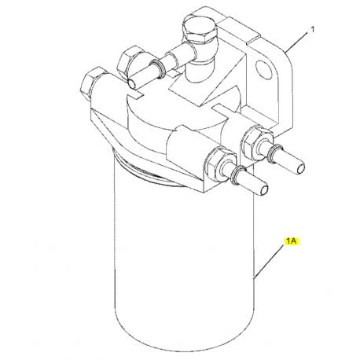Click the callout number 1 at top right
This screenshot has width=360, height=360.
312,29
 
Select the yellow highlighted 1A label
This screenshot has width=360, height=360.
292,241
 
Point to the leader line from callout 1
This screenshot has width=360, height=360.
296,42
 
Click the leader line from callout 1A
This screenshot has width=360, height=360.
269,261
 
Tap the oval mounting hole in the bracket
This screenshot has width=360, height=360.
263,69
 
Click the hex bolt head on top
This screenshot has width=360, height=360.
200,30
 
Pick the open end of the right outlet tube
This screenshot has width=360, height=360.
300,167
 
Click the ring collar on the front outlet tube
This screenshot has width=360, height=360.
237,174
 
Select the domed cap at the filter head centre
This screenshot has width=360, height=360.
181,110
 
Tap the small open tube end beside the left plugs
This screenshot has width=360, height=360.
132,84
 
